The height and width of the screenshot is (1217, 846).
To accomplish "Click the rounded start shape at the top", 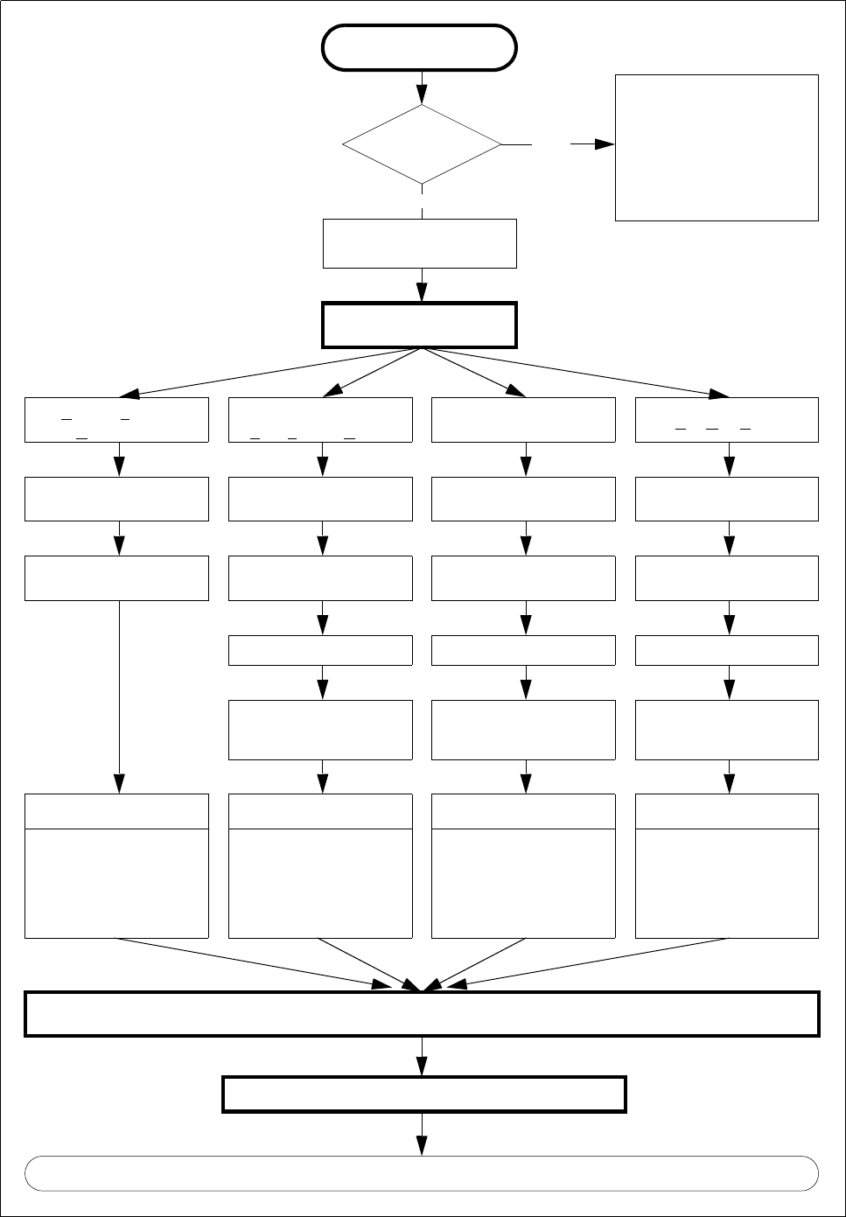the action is (419, 47).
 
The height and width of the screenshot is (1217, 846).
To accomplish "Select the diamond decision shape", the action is (422, 144).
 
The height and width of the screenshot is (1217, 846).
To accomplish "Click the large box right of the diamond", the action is (717, 147).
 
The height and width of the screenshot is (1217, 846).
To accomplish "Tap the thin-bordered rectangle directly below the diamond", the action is (420, 243).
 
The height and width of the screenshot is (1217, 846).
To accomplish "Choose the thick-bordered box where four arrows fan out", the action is (420, 325).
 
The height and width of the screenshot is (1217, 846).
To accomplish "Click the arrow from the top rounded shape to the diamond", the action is (422, 87).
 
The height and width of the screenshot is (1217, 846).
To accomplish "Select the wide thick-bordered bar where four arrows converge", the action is (422, 1014).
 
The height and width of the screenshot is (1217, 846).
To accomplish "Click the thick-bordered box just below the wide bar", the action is (424, 1094).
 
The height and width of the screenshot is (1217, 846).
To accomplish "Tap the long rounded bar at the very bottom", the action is (422, 1173).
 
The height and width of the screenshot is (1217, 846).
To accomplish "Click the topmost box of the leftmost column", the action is (116, 420).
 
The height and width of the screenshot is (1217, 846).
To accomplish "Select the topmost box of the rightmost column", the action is (727, 420).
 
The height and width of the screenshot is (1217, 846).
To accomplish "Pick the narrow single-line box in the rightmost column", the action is (727, 650).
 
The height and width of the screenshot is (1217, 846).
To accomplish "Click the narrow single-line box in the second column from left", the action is (320, 650).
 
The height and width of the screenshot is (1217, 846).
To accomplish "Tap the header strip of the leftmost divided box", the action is (116, 811).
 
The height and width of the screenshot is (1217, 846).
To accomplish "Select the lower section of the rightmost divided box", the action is (727, 883).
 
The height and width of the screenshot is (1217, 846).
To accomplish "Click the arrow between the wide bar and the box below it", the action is (422, 1056).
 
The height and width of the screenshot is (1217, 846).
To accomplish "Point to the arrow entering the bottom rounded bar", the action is (422, 1135).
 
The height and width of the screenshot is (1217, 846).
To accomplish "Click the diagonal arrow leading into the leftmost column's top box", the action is (262, 374).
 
